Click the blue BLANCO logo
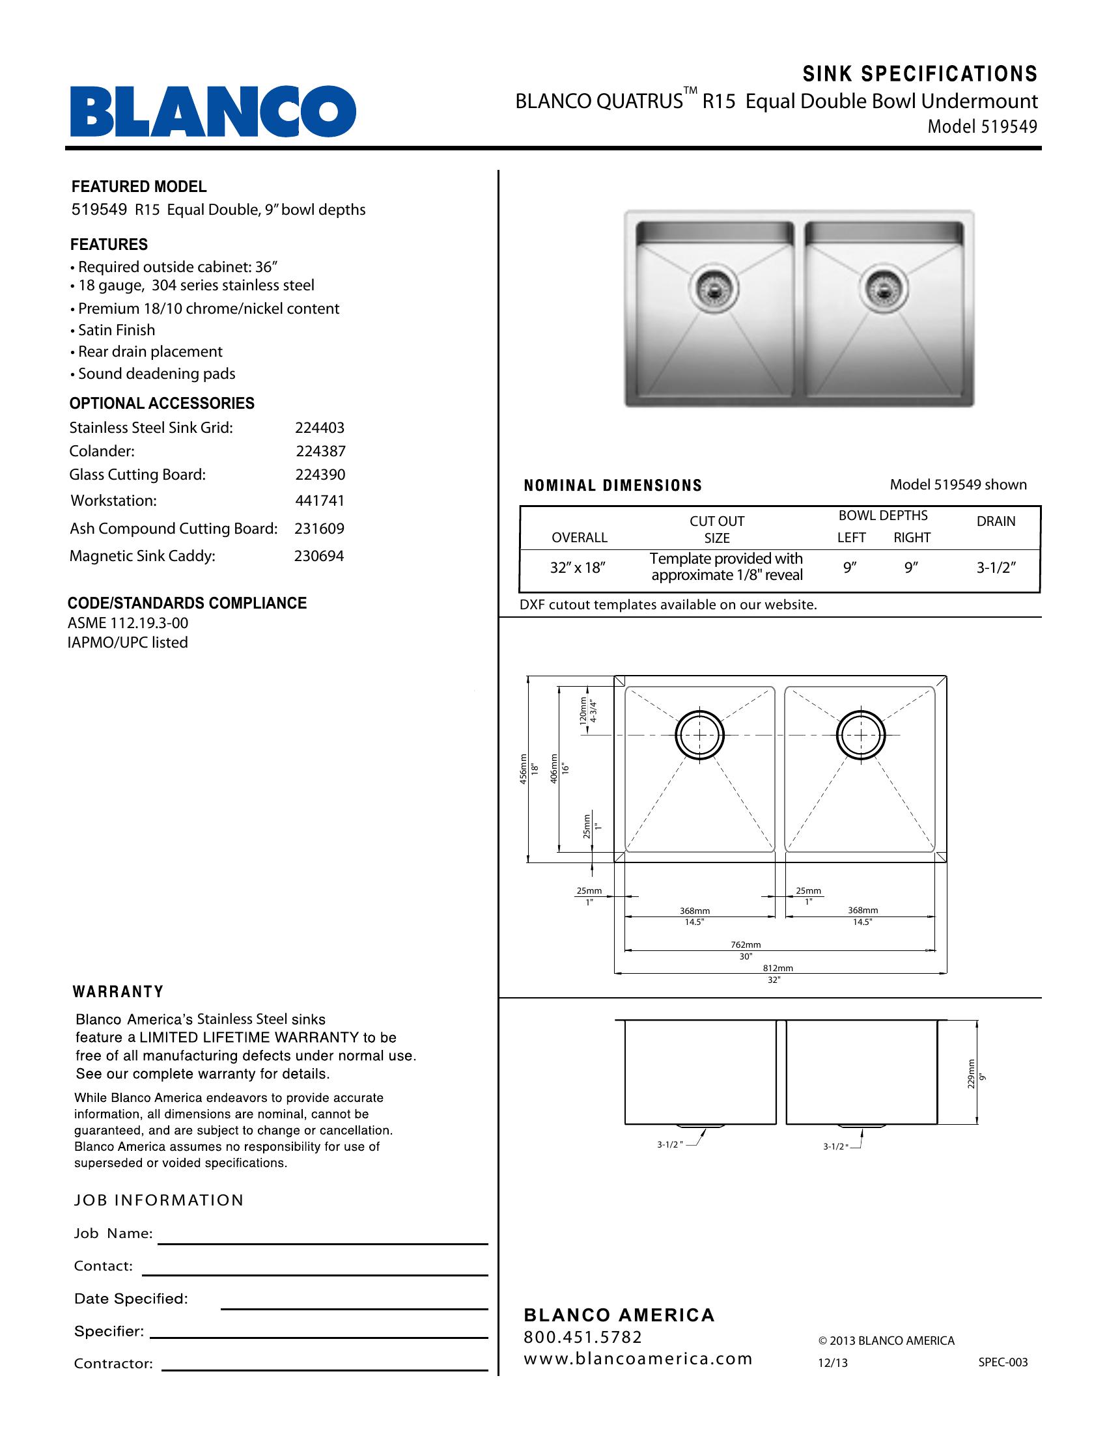[213, 111]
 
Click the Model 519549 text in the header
[982, 126]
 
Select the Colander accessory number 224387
[320, 451]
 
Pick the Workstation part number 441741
[319, 501]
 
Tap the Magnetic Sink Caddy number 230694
[318, 556]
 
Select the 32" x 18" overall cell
[577, 568]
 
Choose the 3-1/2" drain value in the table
[996, 568]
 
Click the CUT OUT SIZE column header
[717, 529]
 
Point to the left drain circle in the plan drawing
[700, 736]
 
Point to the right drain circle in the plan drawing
[860, 736]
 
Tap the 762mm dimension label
[746, 945]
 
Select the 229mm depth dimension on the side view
[972, 1074]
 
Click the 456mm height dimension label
[524, 769]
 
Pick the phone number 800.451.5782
[582, 1337]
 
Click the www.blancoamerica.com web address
[638, 1358]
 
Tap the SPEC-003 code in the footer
[1003, 1362]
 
